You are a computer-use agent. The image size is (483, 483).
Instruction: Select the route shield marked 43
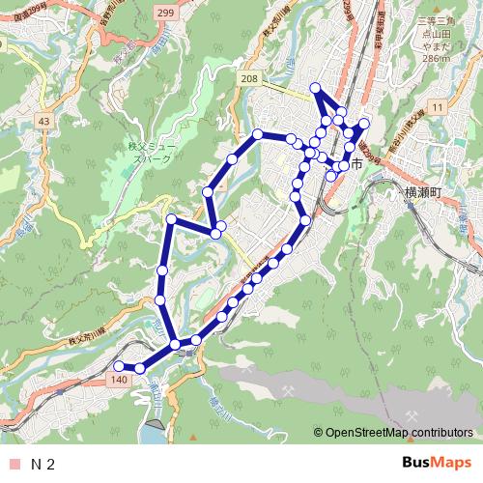(x=43, y=120)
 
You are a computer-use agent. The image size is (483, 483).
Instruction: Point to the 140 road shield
(x=119, y=383)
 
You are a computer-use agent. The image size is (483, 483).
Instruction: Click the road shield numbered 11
(x=437, y=105)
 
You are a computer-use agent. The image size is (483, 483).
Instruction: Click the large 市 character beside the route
(x=356, y=165)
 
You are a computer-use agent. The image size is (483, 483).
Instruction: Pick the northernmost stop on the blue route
(x=314, y=89)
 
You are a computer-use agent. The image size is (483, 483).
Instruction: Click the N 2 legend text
(x=43, y=465)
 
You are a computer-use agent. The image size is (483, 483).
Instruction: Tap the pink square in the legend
(x=13, y=465)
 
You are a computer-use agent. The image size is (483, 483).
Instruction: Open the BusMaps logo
(x=435, y=464)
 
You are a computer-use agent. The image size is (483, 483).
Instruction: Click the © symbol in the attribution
(x=318, y=434)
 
